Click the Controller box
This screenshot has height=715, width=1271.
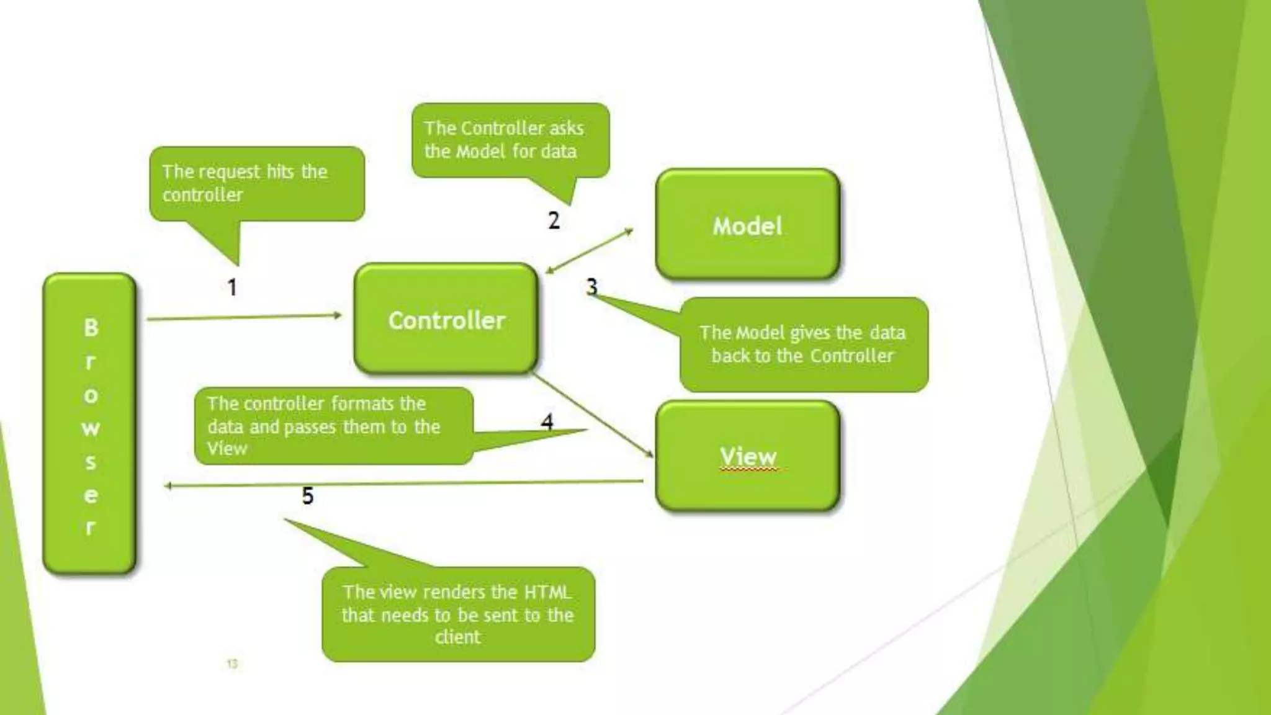(446, 320)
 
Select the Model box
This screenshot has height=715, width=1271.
(747, 225)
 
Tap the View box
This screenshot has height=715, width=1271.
(747, 456)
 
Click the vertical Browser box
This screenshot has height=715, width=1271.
(90, 425)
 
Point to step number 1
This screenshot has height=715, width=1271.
(232, 287)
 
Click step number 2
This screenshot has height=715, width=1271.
(554, 220)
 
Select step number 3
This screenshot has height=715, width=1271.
(591, 286)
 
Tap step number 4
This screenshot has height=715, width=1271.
(547, 422)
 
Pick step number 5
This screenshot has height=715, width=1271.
(307, 495)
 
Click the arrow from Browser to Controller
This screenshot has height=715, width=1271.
(243, 317)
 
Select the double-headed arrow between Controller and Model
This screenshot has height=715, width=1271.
(589, 251)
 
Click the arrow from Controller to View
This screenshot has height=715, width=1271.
(593, 415)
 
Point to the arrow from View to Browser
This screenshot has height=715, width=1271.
(403, 483)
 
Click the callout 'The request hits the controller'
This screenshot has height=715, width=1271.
(256, 184)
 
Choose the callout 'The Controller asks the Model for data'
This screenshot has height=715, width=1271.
(510, 140)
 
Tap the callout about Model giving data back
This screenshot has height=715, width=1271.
(804, 344)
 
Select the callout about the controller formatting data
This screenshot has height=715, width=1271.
(333, 426)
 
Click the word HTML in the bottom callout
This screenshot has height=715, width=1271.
(547, 592)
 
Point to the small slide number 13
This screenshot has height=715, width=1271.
(232, 663)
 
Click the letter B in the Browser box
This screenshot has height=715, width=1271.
(91, 327)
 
